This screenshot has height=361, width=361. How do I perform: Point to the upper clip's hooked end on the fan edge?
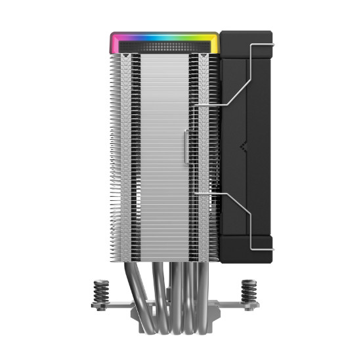click(270, 45)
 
